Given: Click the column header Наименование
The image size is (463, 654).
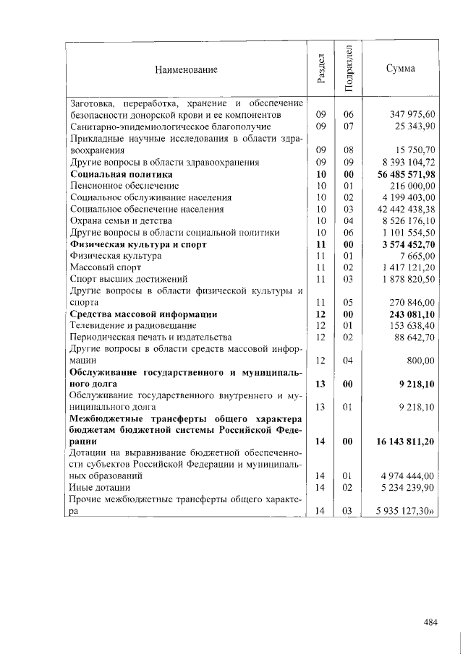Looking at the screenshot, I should [x=185, y=69].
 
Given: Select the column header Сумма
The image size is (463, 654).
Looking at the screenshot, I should [x=400, y=69].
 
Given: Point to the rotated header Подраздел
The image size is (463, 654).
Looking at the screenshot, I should [x=348, y=69].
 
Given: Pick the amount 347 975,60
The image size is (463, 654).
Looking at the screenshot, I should [x=412, y=115].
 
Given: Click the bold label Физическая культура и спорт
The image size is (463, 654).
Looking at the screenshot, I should [x=138, y=244].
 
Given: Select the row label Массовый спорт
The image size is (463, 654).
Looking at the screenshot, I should [x=101, y=267].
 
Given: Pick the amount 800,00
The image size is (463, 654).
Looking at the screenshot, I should [x=420, y=360].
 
